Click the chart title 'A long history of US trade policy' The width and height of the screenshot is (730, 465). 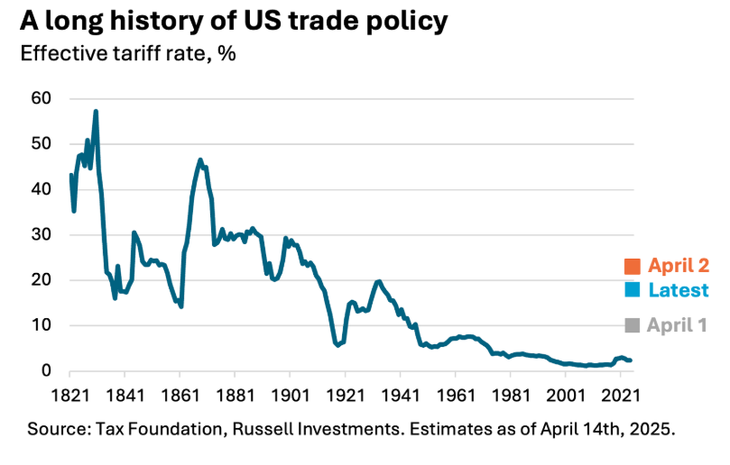(x=234, y=21)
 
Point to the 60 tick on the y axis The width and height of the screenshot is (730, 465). (x=42, y=98)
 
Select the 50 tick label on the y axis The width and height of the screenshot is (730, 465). (x=42, y=144)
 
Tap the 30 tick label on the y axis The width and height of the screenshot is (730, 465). (x=42, y=235)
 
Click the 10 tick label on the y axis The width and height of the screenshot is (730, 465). (x=42, y=325)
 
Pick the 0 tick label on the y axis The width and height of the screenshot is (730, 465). (x=47, y=371)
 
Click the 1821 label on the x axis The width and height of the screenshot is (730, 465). (x=69, y=394)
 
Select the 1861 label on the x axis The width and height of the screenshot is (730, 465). (x=180, y=394)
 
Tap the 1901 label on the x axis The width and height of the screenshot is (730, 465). (x=290, y=394)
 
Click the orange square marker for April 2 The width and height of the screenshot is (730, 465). (x=632, y=267)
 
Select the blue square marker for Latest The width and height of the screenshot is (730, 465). (x=632, y=290)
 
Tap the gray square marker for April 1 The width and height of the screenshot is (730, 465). (x=632, y=325)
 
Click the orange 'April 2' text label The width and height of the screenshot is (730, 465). (x=678, y=266)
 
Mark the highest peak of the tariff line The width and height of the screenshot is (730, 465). (x=96, y=112)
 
